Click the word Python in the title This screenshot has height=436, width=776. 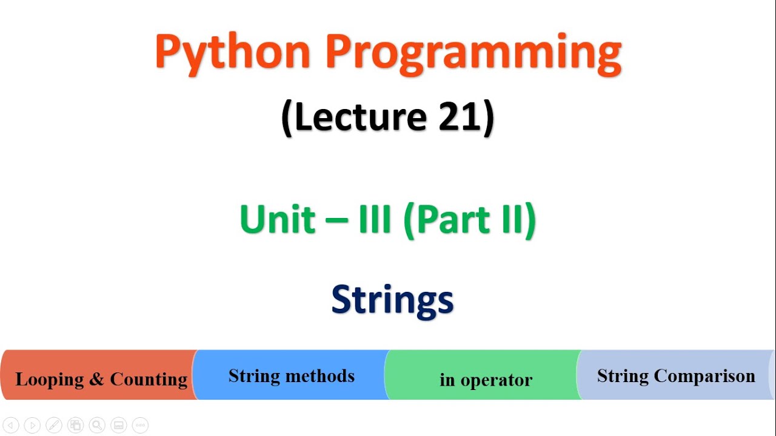coord(233,53)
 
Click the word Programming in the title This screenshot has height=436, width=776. coord(473,53)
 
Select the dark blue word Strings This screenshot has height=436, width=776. coord(392,300)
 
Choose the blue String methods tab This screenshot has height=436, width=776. coord(291,375)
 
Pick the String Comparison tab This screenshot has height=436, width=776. coord(675,375)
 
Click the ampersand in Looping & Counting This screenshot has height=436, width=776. coord(96,380)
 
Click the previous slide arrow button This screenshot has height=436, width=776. coord(10,425)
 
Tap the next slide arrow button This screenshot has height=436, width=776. coord(32,425)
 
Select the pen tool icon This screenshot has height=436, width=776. coord(54,425)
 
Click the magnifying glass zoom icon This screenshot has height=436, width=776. coord(97,425)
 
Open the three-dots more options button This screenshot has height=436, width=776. coord(140,425)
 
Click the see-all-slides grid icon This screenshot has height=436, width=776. coord(75,425)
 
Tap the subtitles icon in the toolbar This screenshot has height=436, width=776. coord(119,425)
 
